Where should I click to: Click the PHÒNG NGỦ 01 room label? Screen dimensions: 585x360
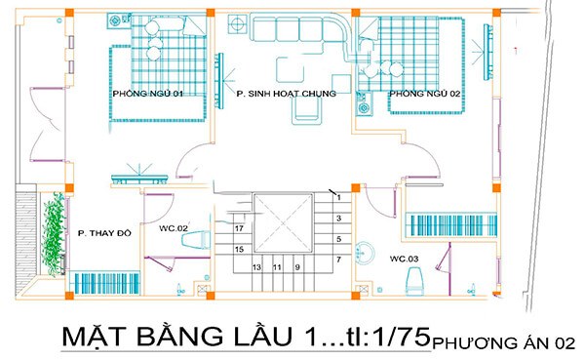(148, 94)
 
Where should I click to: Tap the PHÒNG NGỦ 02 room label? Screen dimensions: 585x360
(424, 94)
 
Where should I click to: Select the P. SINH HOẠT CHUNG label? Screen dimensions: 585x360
(287, 94)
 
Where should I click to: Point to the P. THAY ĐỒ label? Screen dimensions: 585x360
(102, 234)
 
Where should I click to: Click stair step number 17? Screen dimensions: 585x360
(239, 228)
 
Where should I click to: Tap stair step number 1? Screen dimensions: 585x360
(337, 198)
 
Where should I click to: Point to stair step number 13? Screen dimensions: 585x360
(257, 266)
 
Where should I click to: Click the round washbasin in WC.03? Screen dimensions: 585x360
(364, 252)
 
